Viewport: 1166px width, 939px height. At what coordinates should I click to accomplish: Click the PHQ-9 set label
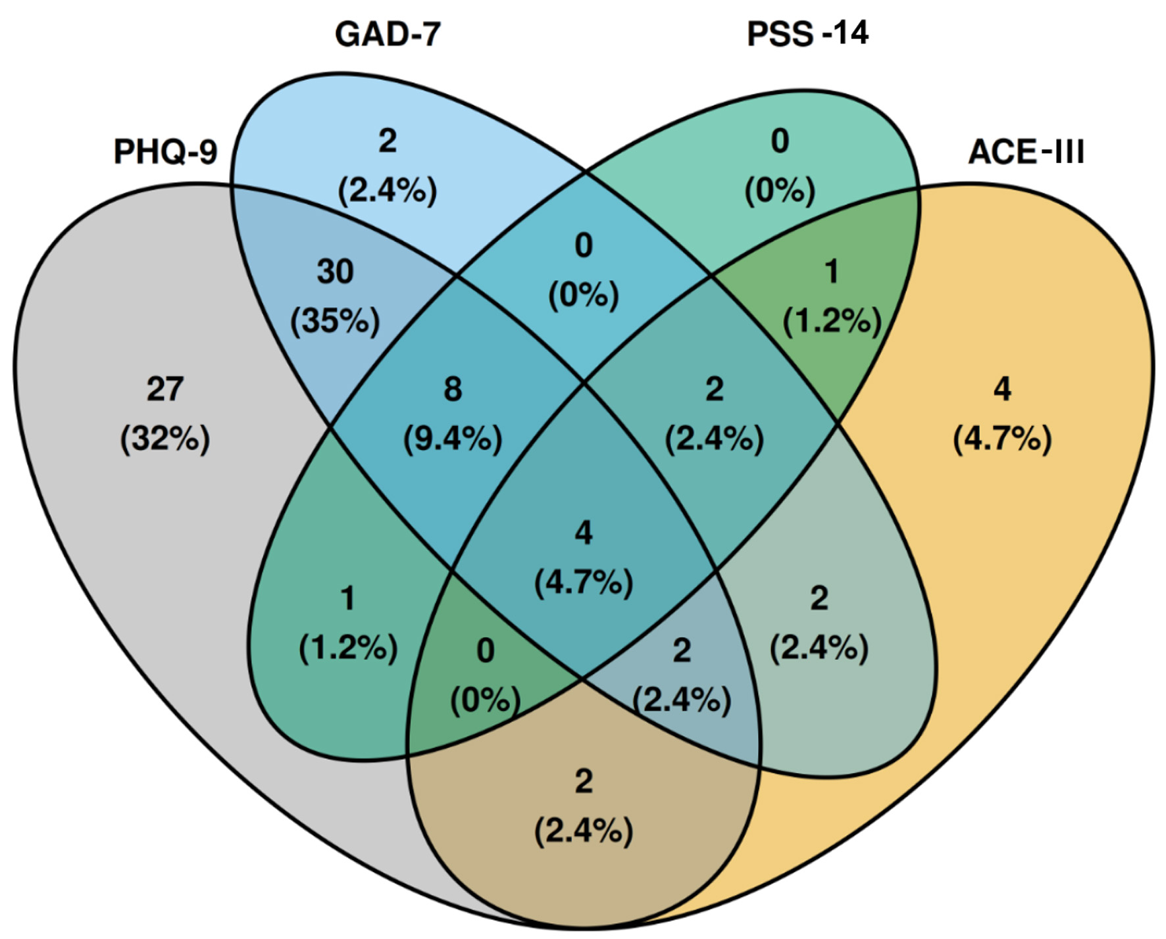165,152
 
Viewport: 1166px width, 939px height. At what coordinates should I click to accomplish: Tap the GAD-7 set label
387,34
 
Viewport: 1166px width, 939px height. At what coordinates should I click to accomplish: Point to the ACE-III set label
1026,152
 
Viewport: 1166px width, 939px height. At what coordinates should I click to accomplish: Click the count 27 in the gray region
165,389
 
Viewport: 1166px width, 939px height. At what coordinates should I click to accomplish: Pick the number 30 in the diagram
335,272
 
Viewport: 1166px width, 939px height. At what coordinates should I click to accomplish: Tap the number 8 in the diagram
453,389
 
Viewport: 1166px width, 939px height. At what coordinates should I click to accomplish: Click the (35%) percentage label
335,322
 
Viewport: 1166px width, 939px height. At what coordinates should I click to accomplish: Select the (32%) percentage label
165,439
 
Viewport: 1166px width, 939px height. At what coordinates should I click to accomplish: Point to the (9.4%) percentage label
453,439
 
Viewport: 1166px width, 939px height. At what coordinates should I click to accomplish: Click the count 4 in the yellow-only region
1001,389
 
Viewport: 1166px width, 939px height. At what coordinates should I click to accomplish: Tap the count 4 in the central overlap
584,533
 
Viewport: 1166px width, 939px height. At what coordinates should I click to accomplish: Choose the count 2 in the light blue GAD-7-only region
387,141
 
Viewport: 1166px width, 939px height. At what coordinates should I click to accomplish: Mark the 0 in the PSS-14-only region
780,141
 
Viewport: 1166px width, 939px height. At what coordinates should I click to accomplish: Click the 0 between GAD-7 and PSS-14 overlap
584,245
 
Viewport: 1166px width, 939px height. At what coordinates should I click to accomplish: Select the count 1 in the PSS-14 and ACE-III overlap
832,272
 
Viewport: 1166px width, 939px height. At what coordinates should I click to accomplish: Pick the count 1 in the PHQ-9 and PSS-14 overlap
347,598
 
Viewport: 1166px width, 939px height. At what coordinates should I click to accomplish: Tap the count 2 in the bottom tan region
584,781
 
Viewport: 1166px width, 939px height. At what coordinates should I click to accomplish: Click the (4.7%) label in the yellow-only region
1001,439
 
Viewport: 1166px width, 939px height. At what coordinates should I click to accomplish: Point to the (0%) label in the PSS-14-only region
780,191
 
